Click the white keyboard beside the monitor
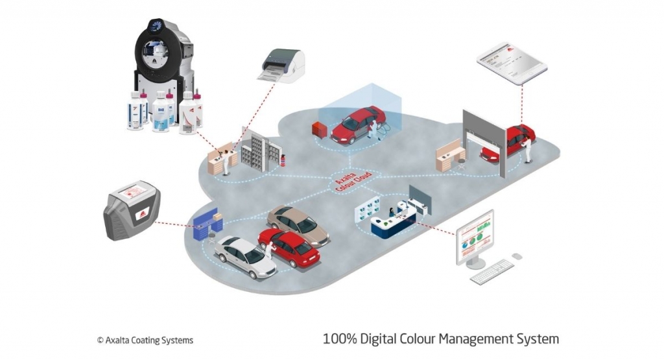[492, 272]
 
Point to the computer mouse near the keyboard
[517, 257]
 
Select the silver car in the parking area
[245, 255]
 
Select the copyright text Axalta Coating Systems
[145, 340]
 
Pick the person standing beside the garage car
[528, 148]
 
